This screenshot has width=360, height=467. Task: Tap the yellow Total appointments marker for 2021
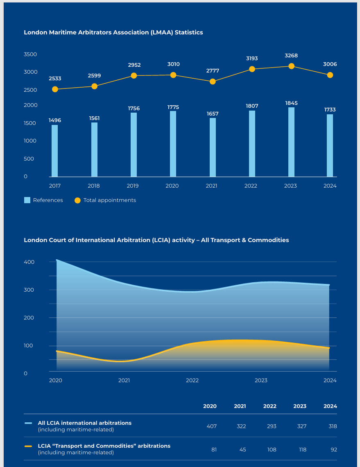tap(213, 82)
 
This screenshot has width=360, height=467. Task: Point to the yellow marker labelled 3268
tap(291, 66)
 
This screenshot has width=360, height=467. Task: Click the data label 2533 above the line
tap(54, 78)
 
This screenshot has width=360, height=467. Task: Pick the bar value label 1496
tap(54, 120)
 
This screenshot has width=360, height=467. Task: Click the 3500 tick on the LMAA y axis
tap(30, 54)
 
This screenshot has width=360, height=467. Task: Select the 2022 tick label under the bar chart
tap(251, 186)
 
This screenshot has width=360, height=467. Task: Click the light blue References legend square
tap(27, 200)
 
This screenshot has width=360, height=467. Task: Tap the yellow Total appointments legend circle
tap(77, 200)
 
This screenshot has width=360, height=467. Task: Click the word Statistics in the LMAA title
tap(189, 32)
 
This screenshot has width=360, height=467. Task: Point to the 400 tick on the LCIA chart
tap(29, 262)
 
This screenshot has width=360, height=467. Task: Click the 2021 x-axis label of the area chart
tap(124, 381)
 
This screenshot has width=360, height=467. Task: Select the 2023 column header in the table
tap(300, 406)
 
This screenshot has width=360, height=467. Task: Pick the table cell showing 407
tap(211, 426)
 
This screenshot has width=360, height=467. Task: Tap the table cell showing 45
tap(242, 449)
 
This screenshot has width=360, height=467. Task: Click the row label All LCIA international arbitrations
tap(85, 423)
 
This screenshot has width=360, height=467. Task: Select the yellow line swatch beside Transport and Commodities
tap(28, 446)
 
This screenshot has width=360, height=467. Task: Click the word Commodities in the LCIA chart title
tap(268, 240)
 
